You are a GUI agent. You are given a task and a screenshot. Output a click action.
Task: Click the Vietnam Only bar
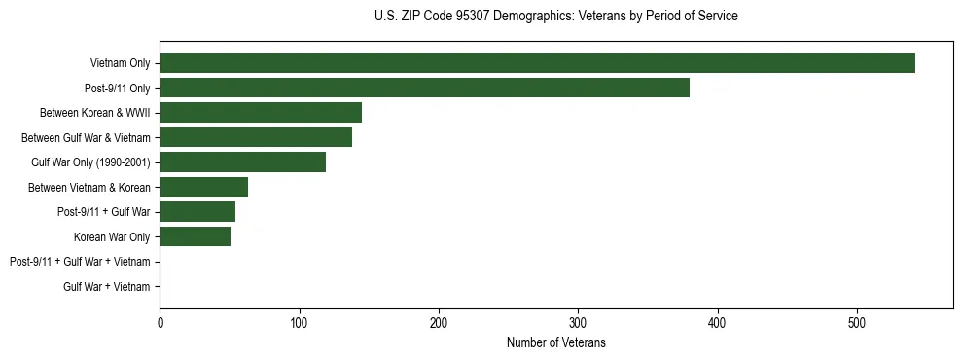pyautogui.click(x=537, y=62)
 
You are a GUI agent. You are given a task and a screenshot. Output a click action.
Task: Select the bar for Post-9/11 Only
pyautogui.click(x=424, y=88)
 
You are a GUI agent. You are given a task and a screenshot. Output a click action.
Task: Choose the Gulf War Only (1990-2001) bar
pyautogui.click(x=242, y=162)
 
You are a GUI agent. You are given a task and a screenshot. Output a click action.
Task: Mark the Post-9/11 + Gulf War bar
pyautogui.click(x=197, y=211)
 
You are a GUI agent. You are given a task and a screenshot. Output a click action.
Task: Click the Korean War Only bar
pyautogui.click(x=195, y=236)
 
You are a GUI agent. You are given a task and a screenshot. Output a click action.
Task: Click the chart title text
pyautogui.click(x=555, y=17)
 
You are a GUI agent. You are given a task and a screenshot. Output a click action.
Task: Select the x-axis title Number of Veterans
pyautogui.click(x=555, y=342)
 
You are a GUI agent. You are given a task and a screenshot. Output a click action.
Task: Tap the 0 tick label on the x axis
pyautogui.click(x=160, y=323)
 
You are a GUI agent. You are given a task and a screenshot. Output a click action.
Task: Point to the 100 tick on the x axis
pyautogui.click(x=300, y=323)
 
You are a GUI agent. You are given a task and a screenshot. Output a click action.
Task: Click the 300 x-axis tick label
pyautogui.click(x=578, y=323)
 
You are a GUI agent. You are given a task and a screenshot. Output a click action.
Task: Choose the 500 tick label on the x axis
pyautogui.click(x=857, y=323)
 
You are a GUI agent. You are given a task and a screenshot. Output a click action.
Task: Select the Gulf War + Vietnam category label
pyautogui.click(x=107, y=286)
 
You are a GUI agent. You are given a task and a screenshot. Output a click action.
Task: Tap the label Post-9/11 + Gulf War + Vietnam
pyautogui.click(x=80, y=262)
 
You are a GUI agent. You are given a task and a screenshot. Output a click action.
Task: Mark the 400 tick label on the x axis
pyautogui.click(x=718, y=323)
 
